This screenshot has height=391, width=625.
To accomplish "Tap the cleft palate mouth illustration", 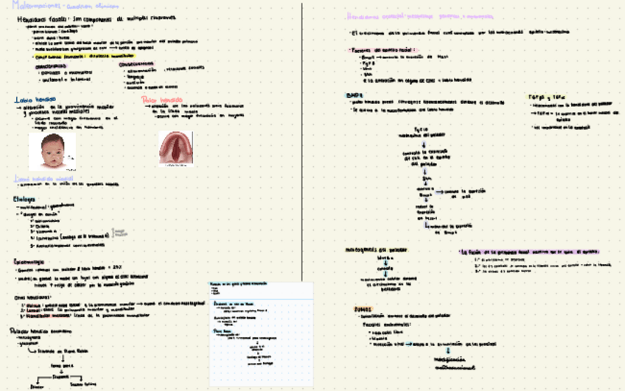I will pos(176,148).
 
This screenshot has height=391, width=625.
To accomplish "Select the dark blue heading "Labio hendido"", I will pos(31,99).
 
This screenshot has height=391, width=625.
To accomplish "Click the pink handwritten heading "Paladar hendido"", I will pos(161,98).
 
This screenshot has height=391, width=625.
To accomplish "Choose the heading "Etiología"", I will pos(25,198).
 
